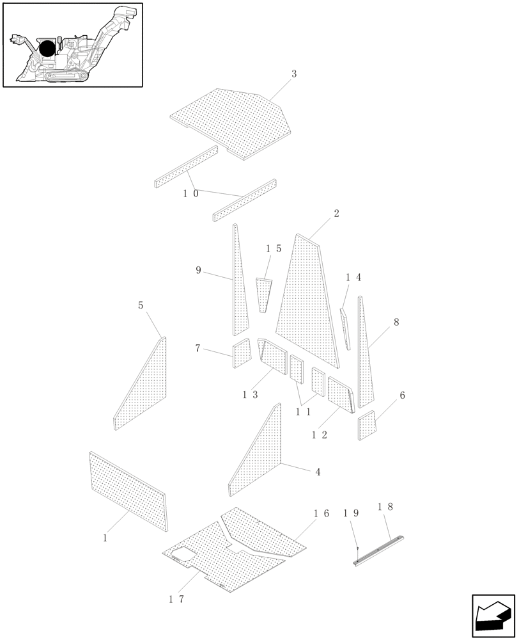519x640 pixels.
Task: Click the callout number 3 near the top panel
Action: (294, 74)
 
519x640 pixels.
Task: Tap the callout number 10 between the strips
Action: (190, 193)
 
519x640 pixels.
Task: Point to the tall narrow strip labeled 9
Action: (239, 288)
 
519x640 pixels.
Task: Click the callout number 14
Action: (353, 278)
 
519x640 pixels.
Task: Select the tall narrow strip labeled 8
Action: (364, 358)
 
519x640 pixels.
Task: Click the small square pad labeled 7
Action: (242, 353)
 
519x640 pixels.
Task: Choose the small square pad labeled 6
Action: (367, 426)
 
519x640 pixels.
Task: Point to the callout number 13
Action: (250, 395)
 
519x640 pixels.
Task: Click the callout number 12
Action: (320, 435)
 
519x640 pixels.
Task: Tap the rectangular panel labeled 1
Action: (128, 492)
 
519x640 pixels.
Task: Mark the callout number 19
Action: (351, 513)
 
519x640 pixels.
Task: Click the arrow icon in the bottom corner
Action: (493, 616)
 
